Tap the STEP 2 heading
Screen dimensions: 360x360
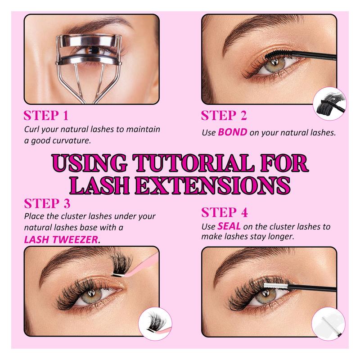point(224,116)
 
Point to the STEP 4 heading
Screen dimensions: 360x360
point(224,212)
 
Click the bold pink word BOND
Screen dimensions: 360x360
point(231,134)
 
